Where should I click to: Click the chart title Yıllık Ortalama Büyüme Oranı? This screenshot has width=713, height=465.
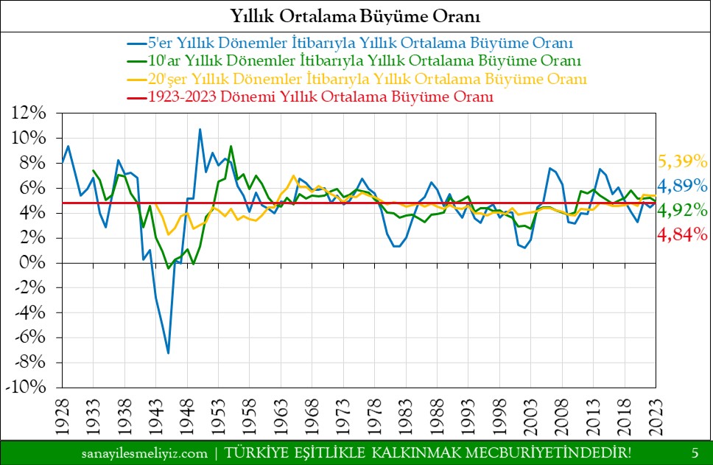[356, 15]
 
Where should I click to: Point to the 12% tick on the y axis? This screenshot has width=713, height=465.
[29, 113]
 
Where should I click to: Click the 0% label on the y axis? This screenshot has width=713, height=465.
[33, 263]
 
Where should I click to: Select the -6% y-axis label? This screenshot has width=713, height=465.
[29, 338]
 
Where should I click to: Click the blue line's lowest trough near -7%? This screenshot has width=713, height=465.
[169, 353]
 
